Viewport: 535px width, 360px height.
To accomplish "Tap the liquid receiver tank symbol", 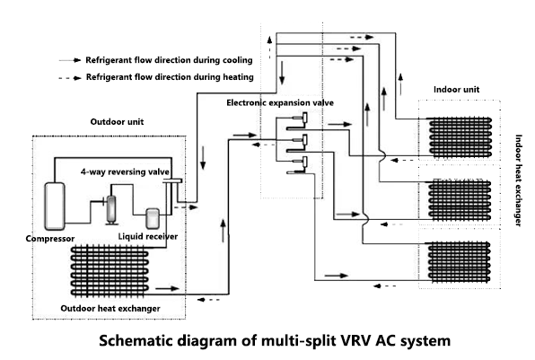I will click(x=153, y=219).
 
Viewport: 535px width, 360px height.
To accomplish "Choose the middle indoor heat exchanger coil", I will click(x=461, y=199).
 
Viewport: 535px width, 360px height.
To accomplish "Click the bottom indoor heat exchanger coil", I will click(x=461, y=262).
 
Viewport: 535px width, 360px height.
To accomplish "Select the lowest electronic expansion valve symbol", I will click(x=299, y=162).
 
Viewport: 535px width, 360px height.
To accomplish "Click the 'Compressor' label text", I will click(x=51, y=239).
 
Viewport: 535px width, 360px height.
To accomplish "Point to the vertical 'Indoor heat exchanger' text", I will click(x=519, y=180).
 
